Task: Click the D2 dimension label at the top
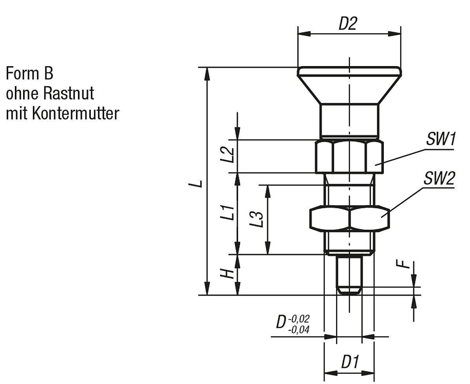click(x=348, y=23)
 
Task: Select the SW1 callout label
click(x=441, y=139)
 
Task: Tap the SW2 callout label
click(x=439, y=178)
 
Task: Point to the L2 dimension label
click(x=227, y=155)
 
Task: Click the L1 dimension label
click(x=227, y=213)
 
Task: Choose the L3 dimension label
click(x=257, y=219)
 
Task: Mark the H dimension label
click(x=227, y=274)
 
